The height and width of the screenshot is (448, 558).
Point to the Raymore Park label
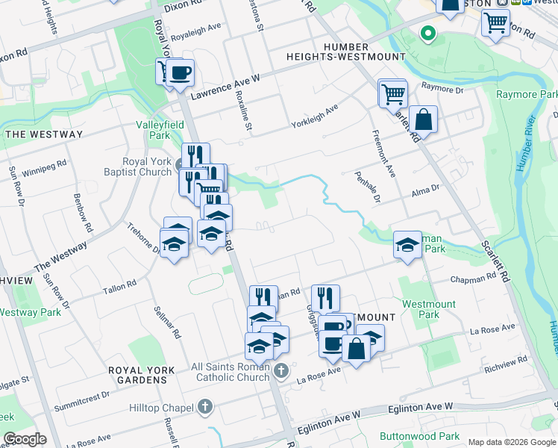[x=527, y=95]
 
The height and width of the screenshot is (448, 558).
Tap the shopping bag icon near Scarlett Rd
[x=423, y=119]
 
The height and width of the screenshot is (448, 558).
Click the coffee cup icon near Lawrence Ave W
[x=180, y=73]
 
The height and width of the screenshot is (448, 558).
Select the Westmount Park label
[x=429, y=309]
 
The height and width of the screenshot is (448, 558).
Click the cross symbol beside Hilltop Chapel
[x=206, y=407]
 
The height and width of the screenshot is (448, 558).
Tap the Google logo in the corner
[x=24, y=439]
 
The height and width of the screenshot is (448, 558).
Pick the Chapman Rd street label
[x=473, y=278]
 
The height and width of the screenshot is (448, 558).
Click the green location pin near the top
[x=427, y=33]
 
